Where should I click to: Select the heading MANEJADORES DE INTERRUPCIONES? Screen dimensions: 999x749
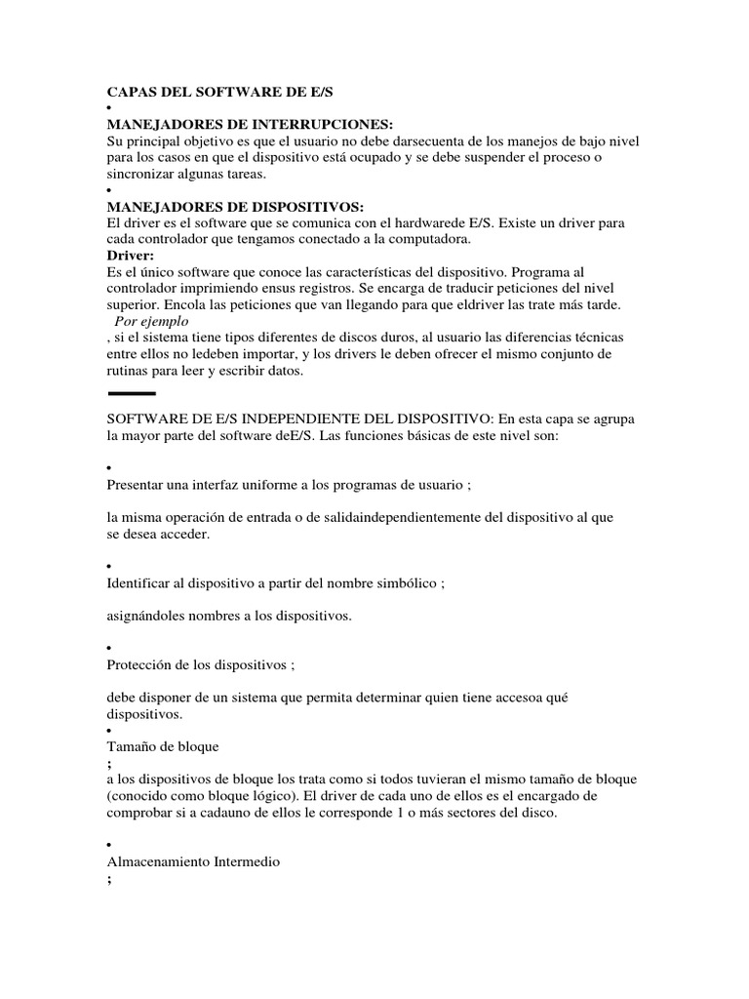coord(249,125)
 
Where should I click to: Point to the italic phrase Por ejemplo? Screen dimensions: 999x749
coord(151,320)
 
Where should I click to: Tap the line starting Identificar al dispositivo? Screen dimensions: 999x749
coord(275,583)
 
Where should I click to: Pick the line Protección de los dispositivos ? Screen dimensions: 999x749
coord(200,664)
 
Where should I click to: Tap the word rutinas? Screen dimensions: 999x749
coord(130,371)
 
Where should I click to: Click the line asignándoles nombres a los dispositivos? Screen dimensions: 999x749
coord(228,616)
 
